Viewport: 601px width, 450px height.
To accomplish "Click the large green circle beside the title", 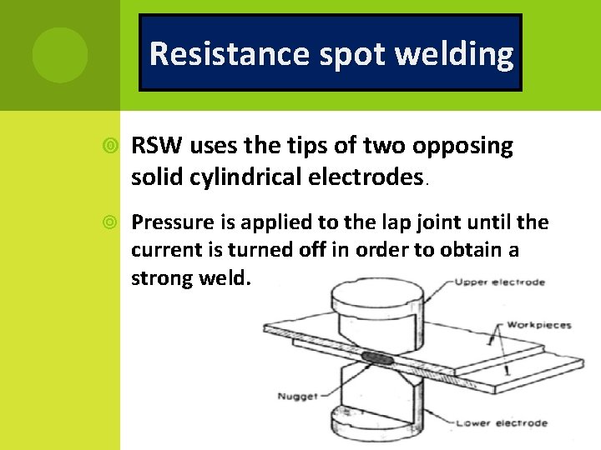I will pos(60,55).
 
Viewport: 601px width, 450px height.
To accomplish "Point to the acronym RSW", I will pos(159,146).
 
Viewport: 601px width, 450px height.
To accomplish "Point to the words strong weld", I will pos(190,277).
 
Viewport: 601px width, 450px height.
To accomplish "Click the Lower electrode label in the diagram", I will pos(502,423).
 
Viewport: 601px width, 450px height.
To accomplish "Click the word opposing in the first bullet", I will pos(461,146).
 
